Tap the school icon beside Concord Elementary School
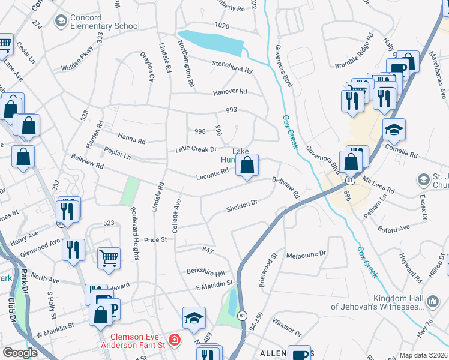click(x=60, y=22)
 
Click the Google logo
click(x=20, y=353)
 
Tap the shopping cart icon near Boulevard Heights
click(x=109, y=258)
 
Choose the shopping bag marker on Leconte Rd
click(x=247, y=165)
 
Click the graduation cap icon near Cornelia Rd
click(x=394, y=129)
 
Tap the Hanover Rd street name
click(x=230, y=92)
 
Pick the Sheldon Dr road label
click(x=242, y=206)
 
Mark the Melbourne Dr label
click(x=306, y=254)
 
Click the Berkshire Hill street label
click(x=205, y=271)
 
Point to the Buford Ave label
click(x=393, y=228)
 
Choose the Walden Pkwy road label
click(x=77, y=60)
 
